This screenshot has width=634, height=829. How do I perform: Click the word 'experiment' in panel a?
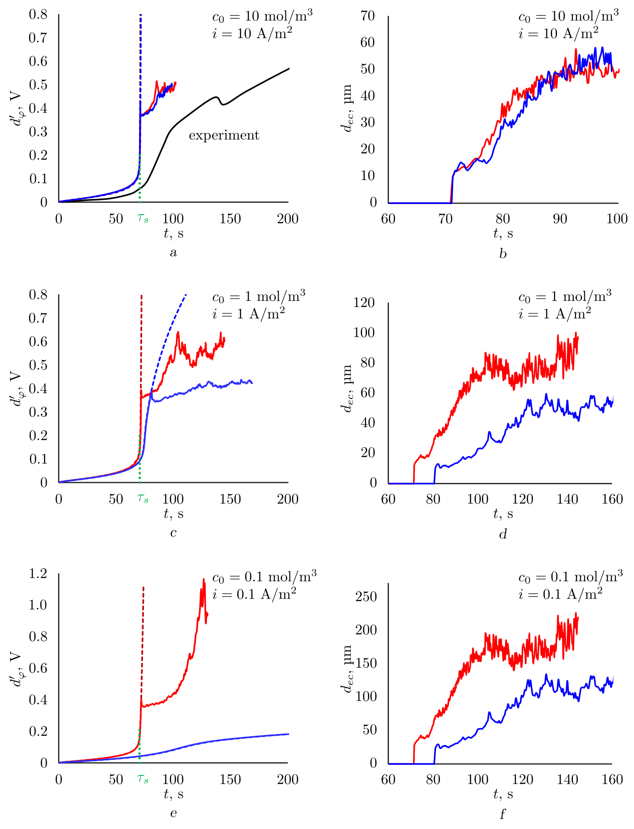(224, 135)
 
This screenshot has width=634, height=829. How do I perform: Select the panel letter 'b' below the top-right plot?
(503, 254)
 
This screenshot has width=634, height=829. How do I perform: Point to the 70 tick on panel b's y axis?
(368, 16)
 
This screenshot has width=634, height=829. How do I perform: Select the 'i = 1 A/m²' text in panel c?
(248, 314)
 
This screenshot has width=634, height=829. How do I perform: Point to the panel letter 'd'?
(503, 534)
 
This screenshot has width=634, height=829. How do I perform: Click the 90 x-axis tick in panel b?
(560, 219)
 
